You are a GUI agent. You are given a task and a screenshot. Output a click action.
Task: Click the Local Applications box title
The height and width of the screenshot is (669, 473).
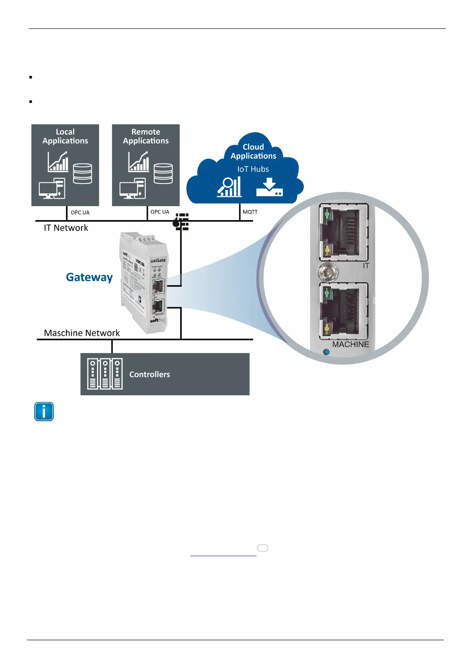(x=65, y=136)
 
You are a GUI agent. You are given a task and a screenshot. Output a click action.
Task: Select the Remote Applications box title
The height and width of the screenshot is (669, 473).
(x=145, y=136)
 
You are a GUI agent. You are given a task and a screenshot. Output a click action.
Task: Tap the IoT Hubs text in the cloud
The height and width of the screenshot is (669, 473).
(x=253, y=169)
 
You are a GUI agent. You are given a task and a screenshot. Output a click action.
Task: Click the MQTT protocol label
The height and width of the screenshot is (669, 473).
(x=250, y=212)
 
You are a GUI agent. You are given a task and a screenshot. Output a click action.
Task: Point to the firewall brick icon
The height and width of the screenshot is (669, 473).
(x=181, y=222)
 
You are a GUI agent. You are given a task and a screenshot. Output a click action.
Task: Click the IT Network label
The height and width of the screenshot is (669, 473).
(x=66, y=228)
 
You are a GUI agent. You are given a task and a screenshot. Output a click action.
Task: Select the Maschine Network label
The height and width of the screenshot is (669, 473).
(x=82, y=333)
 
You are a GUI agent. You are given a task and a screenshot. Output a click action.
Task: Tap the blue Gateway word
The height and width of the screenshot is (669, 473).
(x=89, y=277)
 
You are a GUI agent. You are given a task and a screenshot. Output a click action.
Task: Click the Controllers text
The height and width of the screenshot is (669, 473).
(x=149, y=375)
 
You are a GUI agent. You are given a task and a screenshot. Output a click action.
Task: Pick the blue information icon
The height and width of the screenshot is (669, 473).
(x=44, y=412)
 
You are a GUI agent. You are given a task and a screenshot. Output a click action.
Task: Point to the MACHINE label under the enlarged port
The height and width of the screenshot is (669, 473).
(x=351, y=344)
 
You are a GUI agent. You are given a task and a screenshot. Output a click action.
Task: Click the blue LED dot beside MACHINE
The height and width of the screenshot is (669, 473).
(x=326, y=352)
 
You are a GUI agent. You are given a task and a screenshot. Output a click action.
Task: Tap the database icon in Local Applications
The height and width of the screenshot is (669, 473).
(x=83, y=174)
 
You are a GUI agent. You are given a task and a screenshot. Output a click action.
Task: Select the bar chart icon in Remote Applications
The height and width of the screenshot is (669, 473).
(x=139, y=162)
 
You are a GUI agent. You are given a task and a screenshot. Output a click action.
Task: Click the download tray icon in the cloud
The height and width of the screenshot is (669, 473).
(x=269, y=188)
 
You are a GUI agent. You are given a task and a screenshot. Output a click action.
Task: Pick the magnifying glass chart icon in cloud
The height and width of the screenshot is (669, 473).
(x=229, y=187)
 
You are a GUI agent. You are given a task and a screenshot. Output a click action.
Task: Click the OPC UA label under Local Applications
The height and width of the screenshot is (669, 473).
(x=80, y=213)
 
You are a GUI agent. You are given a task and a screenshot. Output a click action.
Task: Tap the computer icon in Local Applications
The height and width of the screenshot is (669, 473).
(x=52, y=189)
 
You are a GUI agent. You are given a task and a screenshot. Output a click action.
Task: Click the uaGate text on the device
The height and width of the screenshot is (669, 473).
(x=158, y=261)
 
